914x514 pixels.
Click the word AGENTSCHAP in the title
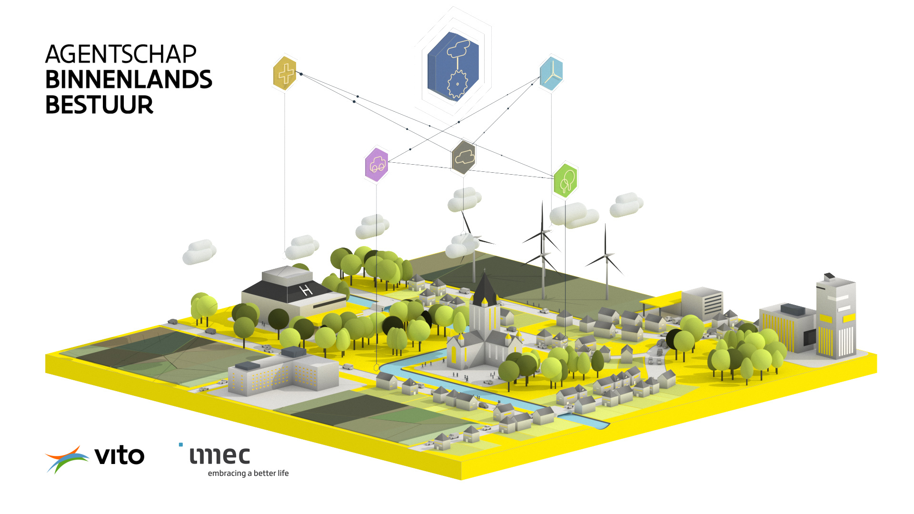point(121,54)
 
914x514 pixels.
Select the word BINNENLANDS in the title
point(129,79)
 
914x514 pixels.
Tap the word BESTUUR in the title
point(99,105)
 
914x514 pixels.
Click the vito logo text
point(119,456)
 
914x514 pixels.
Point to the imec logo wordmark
point(219,455)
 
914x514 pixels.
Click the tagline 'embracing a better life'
point(248,473)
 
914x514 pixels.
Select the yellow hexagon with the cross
point(285,73)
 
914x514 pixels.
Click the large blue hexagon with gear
point(453,66)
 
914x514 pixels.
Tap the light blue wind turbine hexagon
point(551,73)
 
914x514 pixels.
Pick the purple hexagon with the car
point(377,165)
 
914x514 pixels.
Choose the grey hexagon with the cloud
point(464,157)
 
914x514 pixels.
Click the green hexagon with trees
point(566,180)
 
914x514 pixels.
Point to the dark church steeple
point(485,288)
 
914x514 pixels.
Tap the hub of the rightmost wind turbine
point(606,256)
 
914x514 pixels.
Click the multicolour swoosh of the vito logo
point(67,458)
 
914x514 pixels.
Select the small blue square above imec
point(181,445)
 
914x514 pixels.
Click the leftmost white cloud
point(199,252)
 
